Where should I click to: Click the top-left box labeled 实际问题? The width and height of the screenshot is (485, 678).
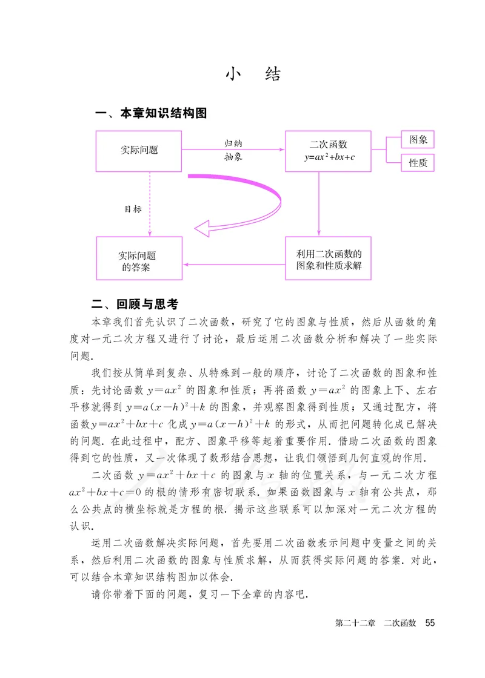tap(139, 150)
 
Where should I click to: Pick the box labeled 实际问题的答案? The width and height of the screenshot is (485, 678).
tap(139, 258)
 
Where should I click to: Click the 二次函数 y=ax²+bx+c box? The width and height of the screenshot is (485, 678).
tap(328, 150)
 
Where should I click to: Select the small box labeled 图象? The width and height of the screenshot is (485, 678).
tap(418, 140)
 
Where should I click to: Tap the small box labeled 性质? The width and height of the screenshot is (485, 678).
tap(418, 162)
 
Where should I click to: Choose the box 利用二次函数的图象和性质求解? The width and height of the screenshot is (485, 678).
tap(328, 258)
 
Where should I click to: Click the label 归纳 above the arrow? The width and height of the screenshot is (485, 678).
tap(233, 143)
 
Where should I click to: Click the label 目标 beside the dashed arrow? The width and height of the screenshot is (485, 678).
tap(133, 209)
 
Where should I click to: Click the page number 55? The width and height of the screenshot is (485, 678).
tap(430, 623)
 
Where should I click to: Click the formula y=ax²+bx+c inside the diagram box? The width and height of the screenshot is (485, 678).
tap(329, 157)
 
